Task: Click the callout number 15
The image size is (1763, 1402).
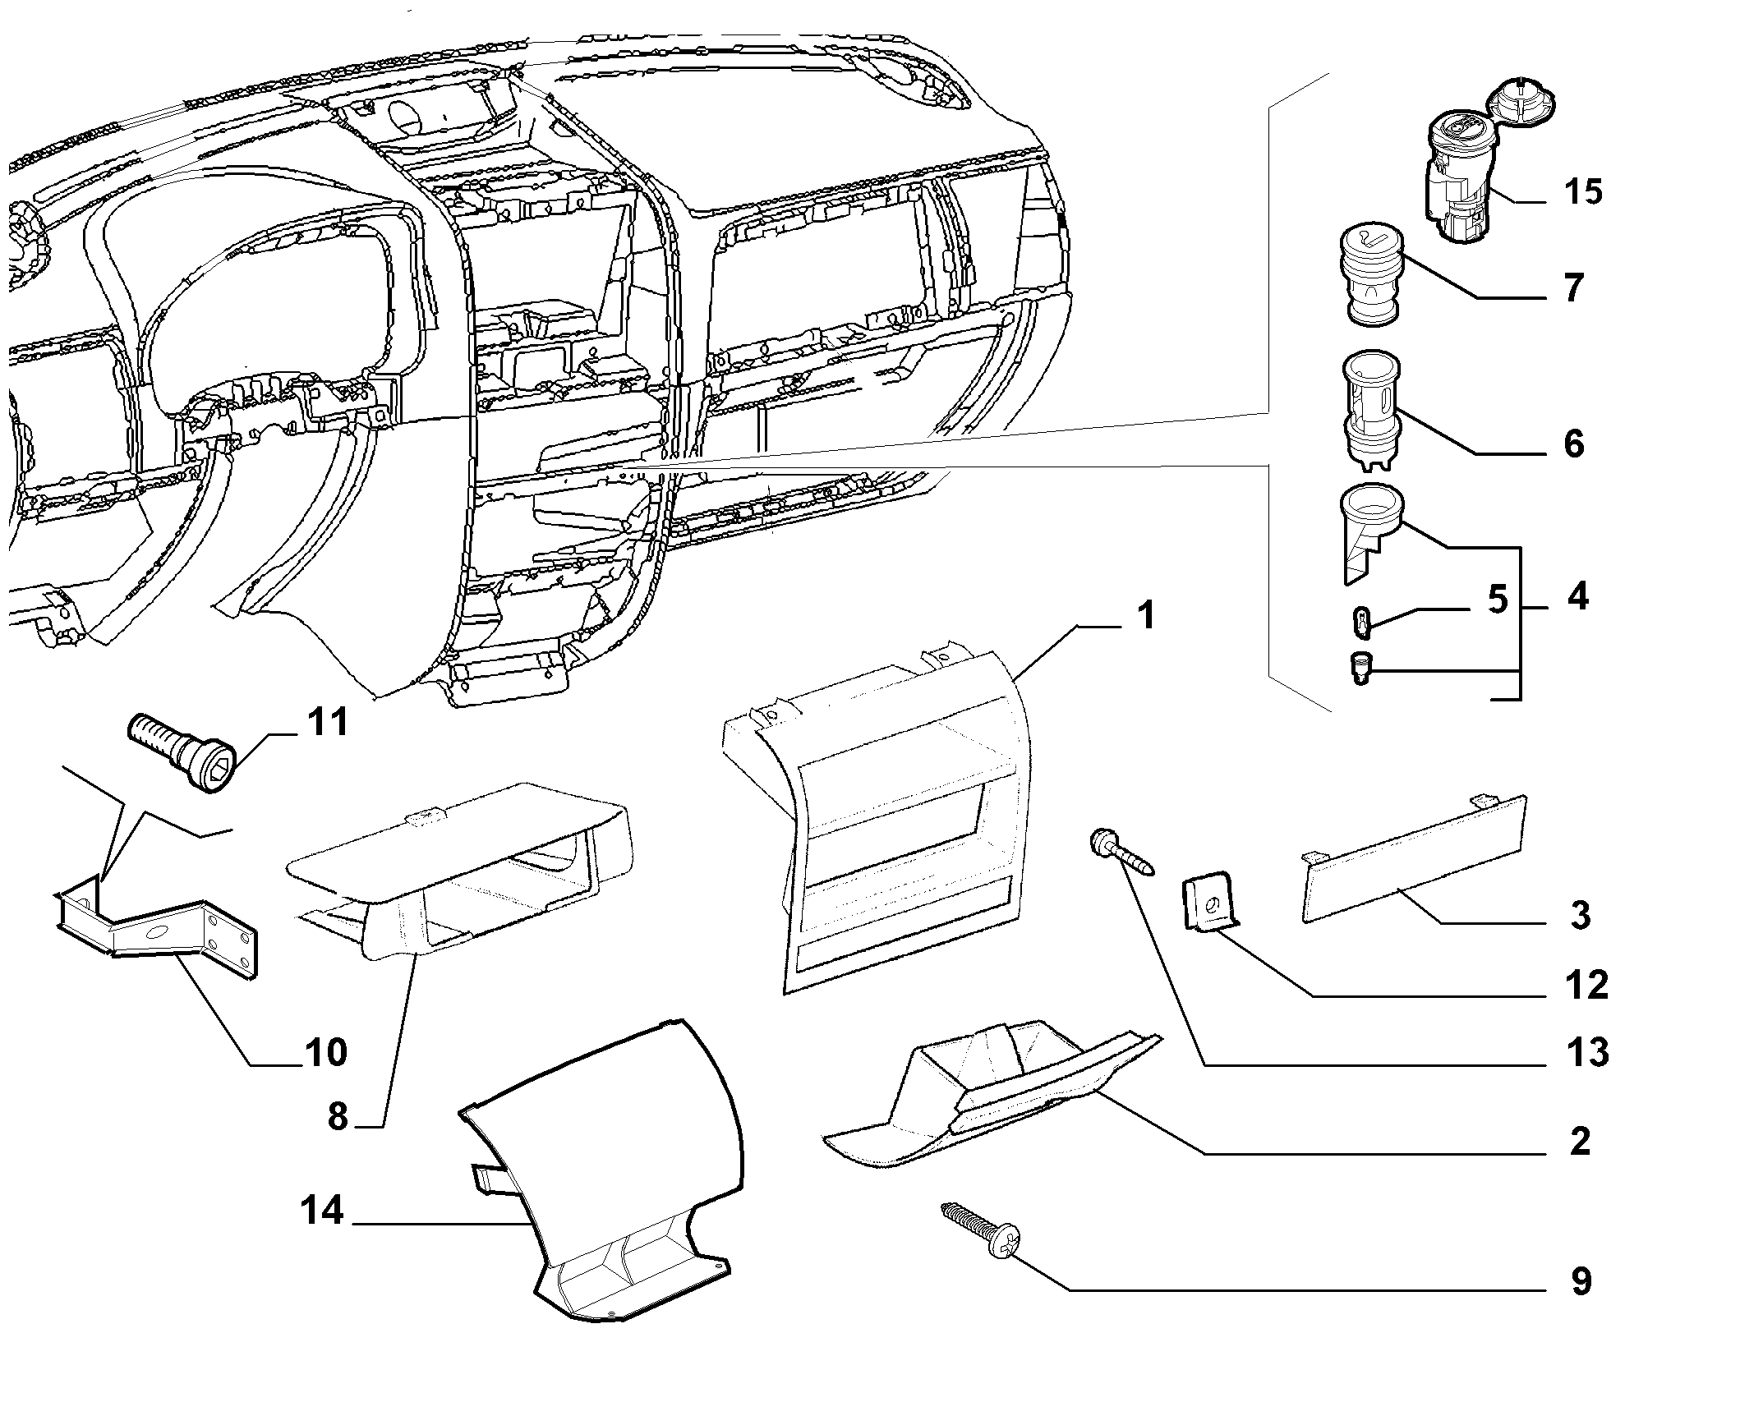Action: tap(1583, 191)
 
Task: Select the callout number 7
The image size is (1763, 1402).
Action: tap(1572, 287)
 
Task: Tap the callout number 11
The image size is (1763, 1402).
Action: tap(327, 722)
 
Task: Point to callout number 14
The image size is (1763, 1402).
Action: tap(322, 1211)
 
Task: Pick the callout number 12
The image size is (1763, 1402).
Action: tap(1585, 985)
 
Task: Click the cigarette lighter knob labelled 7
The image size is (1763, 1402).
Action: tap(1373, 278)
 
